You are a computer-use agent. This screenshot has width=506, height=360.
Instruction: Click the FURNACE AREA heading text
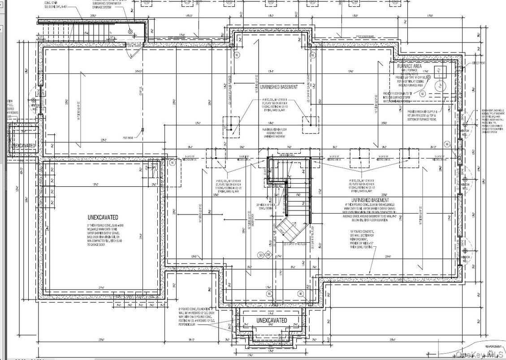409,66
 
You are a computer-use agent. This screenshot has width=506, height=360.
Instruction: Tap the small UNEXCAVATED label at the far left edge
23,146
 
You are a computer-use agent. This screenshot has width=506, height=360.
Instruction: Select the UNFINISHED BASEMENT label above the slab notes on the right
370,200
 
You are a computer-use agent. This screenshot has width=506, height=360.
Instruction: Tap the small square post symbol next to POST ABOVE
142,130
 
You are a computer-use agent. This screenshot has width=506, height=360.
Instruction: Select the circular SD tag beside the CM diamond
260,254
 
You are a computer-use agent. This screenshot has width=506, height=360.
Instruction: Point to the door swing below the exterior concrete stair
135,53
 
